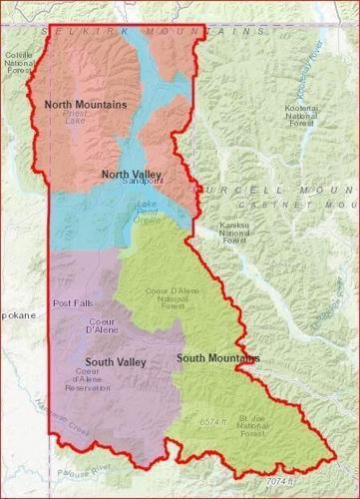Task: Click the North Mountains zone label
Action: click(x=85, y=103)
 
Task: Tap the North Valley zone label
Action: click(x=131, y=174)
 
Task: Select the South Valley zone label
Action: click(x=116, y=361)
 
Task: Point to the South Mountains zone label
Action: click(x=217, y=357)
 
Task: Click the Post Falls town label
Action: click(x=69, y=303)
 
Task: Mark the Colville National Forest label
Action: click(x=18, y=63)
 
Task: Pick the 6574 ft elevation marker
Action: click(x=210, y=421)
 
